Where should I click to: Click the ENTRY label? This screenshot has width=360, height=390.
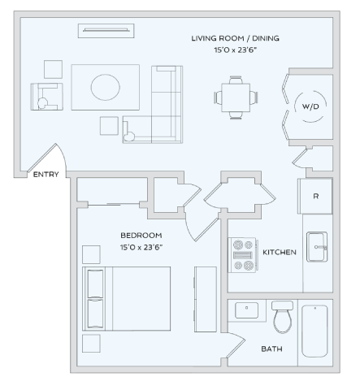(46, 173)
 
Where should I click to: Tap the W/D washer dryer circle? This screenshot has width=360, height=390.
(310, 106)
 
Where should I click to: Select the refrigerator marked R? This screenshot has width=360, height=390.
(315, 196)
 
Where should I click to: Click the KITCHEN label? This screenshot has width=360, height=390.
(279, 253)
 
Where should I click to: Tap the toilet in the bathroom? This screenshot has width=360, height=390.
(283, 318)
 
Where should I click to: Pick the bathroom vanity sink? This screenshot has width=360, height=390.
(247, 310)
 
